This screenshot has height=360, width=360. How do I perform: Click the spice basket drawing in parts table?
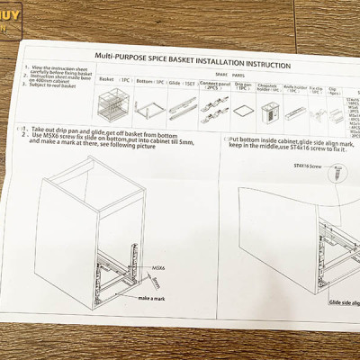pyautogui.click(x=112, y=103)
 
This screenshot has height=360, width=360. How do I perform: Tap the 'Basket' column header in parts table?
pyautogui.click(x=106, y=78)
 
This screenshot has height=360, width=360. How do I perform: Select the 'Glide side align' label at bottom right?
pyautogui.click(x=344, y=304)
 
